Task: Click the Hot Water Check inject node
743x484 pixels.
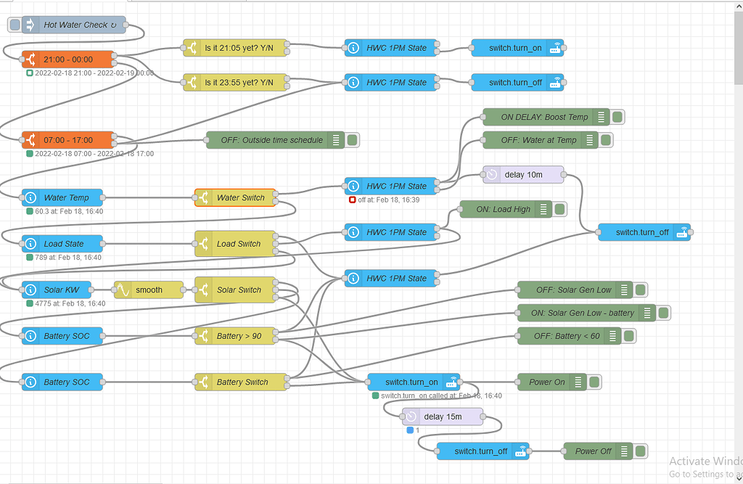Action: pyautogui.click(x=73, y=25)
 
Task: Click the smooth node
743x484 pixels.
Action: pyautogui.click(x=149, y=290)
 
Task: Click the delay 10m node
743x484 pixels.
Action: pyautogui.click(x=523, y=175)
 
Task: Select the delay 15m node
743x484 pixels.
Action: pyautogui.click(x=442, y=417)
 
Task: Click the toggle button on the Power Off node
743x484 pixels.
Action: pyautogui.click(x=640, y=451)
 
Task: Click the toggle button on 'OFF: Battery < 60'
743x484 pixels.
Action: pyautogui.click(x=628, y=336)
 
